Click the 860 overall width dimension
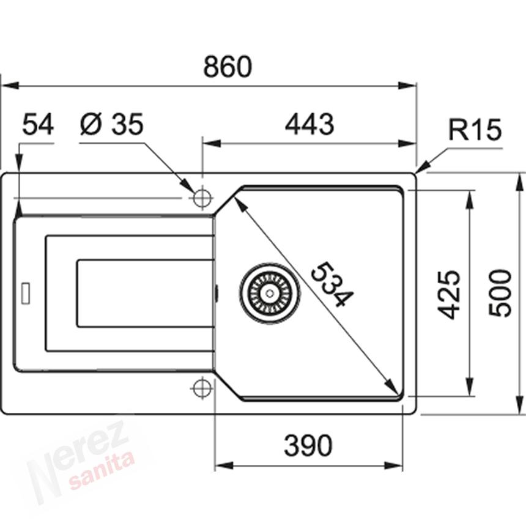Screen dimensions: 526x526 click(x=228, y=67)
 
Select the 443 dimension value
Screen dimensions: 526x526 click(x=309, y=125)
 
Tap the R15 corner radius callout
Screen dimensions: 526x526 click(x=474, y=130)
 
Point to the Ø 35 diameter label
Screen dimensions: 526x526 click(x=111, y=125)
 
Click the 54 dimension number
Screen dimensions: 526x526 click(x=38, y=125)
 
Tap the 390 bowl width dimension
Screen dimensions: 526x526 click(x=308, y=446)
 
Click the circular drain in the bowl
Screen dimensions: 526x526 click(x=269, y=292)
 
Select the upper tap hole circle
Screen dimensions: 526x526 click(x=202, y=198)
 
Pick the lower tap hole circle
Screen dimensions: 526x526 click(x=202, y=388)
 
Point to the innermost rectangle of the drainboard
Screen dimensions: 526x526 click(x=146, y=293)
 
